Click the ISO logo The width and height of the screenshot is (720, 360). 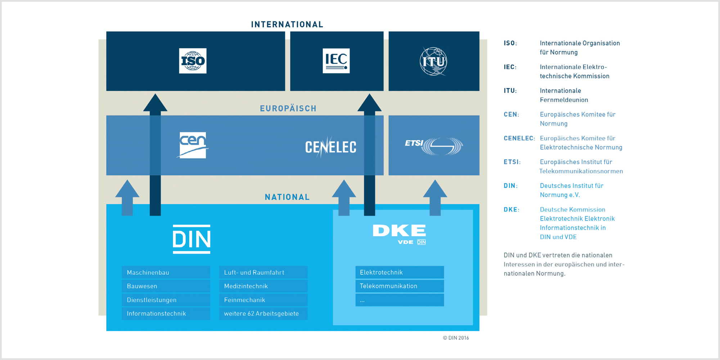[193, 61]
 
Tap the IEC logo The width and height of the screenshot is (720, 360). [336, 61]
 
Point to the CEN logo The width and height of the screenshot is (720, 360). [193, 145]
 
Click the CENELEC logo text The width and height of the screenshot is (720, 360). [330, 147]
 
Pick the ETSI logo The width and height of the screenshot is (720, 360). [434, 146]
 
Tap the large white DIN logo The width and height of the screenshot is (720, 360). [192, 239]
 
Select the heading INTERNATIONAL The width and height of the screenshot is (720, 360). [287, 24]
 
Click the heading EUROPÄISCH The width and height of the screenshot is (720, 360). [288, 108]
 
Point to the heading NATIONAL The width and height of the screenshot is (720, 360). [287, 197]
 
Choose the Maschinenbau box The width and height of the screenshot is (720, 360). [166, 273]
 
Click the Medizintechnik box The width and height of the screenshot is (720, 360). [263, 286]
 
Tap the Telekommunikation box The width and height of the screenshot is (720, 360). [400, 286]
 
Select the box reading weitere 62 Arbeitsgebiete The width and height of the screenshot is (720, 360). [263, 314]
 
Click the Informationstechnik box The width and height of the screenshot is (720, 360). [166, 314]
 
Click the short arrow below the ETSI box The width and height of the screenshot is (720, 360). [435, 198]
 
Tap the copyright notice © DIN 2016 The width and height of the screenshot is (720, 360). [456, 338]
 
